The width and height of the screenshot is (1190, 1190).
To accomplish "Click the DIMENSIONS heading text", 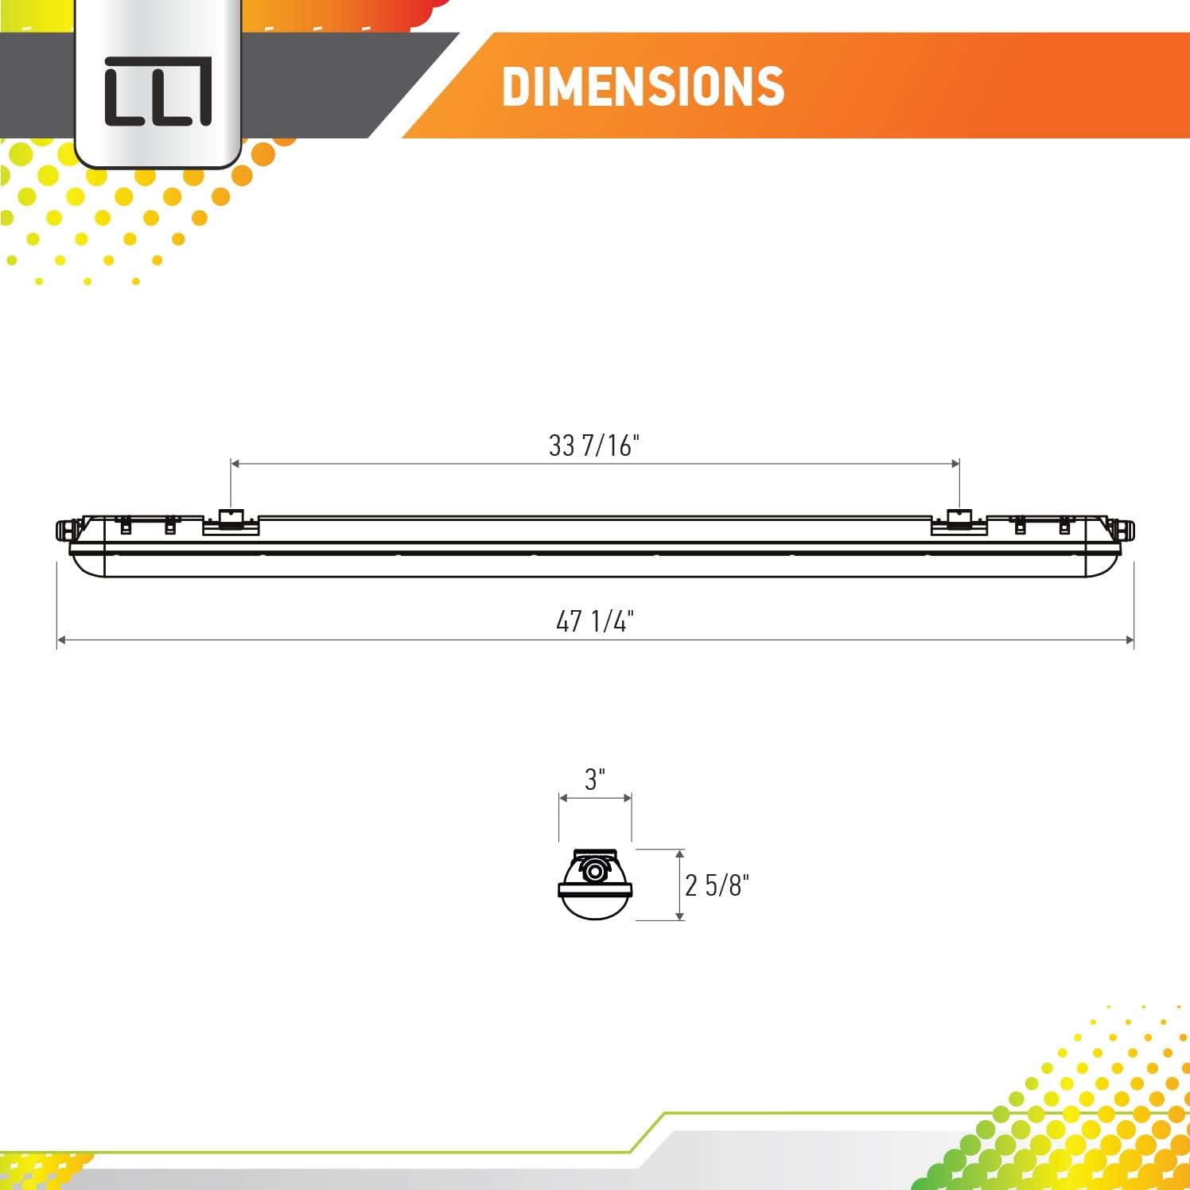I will pos(643,86).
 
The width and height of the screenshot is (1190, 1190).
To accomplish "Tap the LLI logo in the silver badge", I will pos(158,91).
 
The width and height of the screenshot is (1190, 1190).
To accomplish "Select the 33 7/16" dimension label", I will pos(593,445).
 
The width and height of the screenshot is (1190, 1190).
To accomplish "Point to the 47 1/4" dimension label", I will pos(594,620).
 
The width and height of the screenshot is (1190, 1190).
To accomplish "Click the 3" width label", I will pos(595,780).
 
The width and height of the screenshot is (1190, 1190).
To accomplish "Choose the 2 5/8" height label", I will pos(717,885).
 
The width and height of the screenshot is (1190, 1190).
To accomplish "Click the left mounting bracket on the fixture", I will pos(231,523).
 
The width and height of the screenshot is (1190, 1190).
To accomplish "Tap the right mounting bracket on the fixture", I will pos(959,523).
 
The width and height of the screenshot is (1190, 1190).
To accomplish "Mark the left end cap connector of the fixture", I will pos(64,530).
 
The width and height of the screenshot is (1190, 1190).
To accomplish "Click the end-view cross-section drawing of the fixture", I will pos(595,885).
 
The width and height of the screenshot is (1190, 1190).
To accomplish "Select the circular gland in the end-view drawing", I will pos(594,872).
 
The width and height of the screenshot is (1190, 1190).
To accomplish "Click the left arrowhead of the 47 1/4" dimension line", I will pos(61,639).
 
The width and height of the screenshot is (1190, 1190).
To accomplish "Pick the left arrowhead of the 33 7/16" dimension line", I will pos(235,462).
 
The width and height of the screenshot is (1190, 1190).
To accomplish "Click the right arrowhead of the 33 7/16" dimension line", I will pos(955,462).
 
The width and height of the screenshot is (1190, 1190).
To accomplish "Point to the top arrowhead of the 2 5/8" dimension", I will pos(679,854).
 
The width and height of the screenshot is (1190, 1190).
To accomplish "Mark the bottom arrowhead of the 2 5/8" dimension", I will pos(679,916).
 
